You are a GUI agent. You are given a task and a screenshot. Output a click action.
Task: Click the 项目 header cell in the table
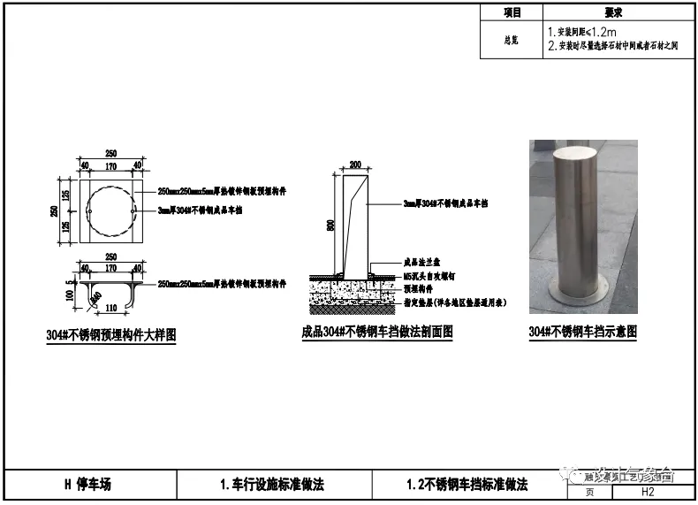pyautogui.click(x=512, y=12)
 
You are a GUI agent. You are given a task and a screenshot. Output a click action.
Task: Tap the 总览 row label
pyautogui.click(x=512, y=40)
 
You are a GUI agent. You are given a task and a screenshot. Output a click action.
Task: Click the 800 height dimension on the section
pyautogui.click(x=331, y=225)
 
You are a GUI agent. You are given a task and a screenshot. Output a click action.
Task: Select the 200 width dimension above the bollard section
pyautogui.click(x=356, y=165)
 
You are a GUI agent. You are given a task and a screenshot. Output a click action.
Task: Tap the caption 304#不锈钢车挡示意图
pyautogui.click(x=582, y=332)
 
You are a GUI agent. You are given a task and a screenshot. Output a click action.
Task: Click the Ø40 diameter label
pyautogui.click(x=95, y=295)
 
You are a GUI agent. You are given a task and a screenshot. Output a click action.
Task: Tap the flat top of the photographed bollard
pyautogui.click(x=582, y=154)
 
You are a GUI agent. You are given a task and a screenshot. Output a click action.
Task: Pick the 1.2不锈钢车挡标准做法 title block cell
pyautogui.click(x=467, y=485)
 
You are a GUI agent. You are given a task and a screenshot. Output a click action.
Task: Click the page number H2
pyautogui.click(x=647, y=492)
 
